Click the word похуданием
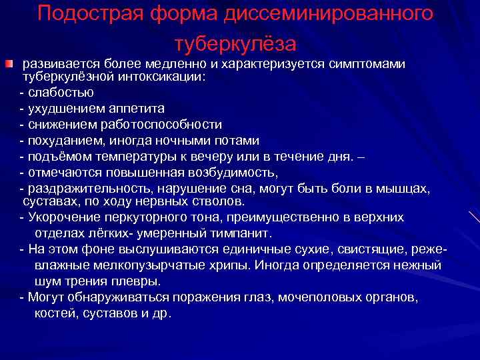(64, 141)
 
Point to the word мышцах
(403, 189)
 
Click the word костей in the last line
(55, 312)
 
